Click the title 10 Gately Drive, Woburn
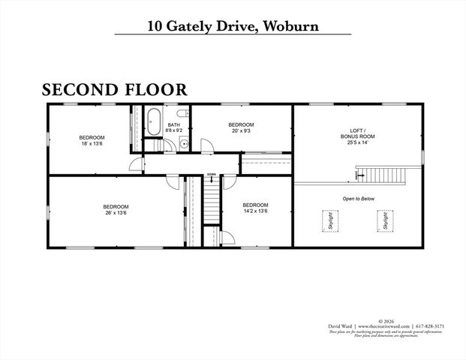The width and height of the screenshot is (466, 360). [233, 25]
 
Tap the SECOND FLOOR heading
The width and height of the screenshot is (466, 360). [114, 90]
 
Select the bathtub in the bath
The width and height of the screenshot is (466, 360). [153, 121]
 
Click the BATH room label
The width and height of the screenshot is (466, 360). [174, 127]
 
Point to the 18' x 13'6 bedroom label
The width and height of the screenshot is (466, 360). [92, 140]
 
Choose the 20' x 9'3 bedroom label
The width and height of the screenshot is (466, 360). [241, 127]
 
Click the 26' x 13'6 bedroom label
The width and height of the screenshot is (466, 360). [116, 210]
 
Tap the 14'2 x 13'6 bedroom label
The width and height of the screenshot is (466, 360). [255, 208]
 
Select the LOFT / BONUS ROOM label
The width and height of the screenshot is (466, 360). [356, 136]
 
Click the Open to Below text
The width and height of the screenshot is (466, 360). [358, 199]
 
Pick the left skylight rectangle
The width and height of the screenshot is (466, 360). [328, 221]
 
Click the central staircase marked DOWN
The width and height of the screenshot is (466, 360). [212, 202]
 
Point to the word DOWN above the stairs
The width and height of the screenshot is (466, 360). [212, 175]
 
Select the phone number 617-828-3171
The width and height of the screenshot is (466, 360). [431, 327]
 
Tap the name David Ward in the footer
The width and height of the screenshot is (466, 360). [341, 327]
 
